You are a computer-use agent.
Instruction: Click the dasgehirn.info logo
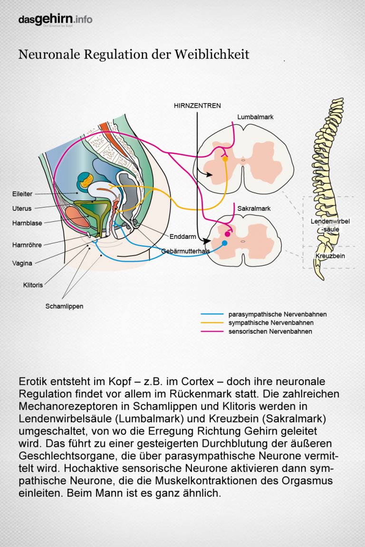click(x=55, y=19)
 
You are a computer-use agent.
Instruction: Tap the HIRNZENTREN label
click(x=197, y=106)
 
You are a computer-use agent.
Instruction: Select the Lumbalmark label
click(x=255, y=117)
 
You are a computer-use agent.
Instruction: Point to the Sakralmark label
click(x=254, y=208)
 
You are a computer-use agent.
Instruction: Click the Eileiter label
click(x=22, y=194)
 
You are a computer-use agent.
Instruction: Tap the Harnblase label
click(x=27, y=223)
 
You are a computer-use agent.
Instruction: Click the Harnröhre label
click(x=27, y=245)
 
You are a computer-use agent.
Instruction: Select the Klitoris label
click(x=33, y=285)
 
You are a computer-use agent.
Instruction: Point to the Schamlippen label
click(x=64, y=306)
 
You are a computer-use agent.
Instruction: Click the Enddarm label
click(x=182, y=236)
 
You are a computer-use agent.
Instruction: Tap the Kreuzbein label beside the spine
click(x=330, y=256)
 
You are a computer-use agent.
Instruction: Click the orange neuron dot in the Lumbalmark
click(x=225, y=160)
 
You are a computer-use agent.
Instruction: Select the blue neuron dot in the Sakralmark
click(x=225, y=243)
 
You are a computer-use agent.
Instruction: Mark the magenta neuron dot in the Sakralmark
click(x=227, y=234)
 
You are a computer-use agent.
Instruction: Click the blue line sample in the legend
click(x=212, y=314)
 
